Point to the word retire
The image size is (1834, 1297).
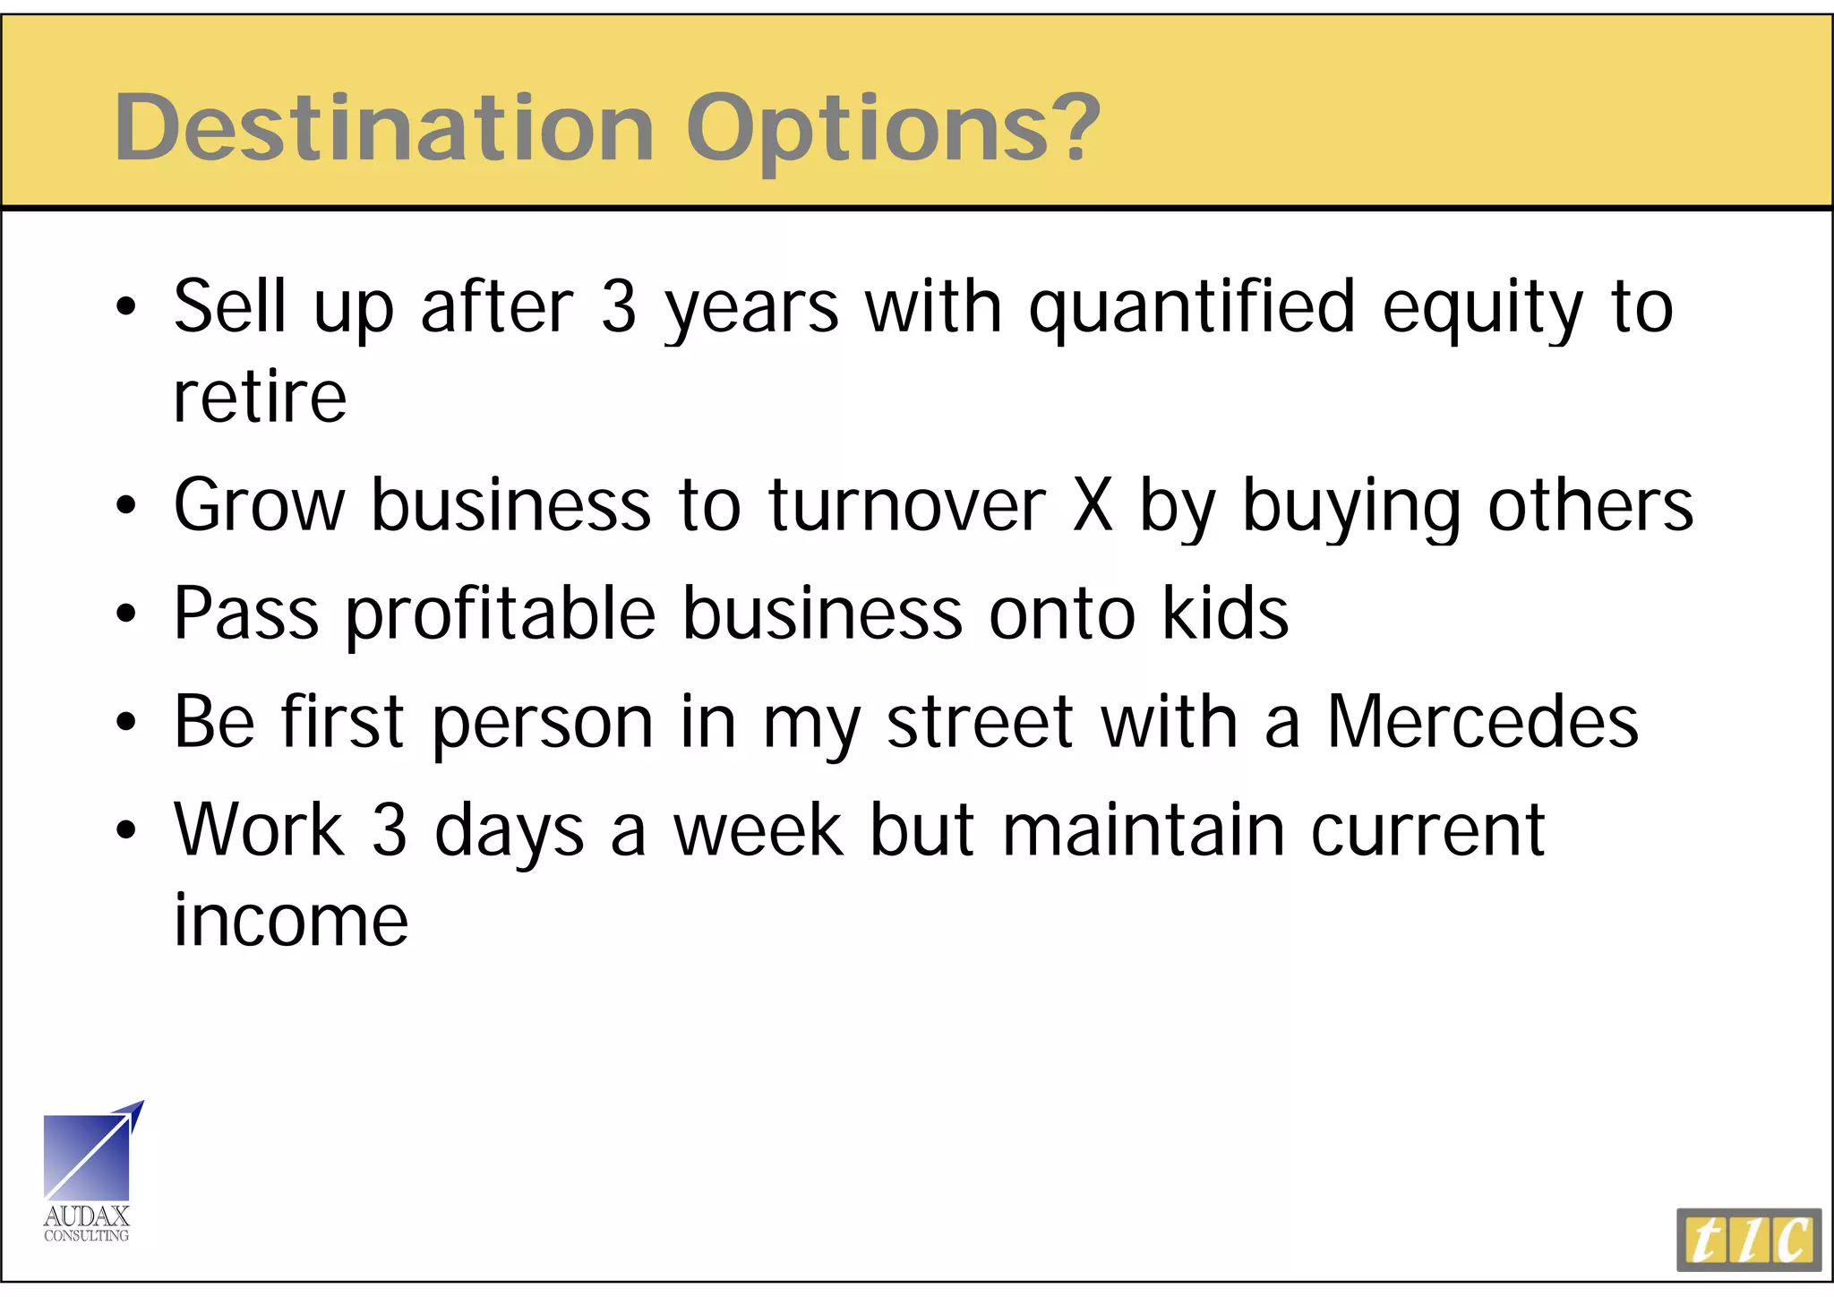pyautogui.click(x=260, y=398)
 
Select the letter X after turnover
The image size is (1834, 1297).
pyautogui.click(x=1093, y=505)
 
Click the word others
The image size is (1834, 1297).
pyautogui.click(x=1590, y=505)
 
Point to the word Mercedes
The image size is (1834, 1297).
pyautogui.click(x=1482, y=722)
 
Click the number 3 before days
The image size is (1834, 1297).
pyautogui.click(x=389, y=831)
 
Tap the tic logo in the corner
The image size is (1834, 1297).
pyautogui.click(x=1748, y=1240)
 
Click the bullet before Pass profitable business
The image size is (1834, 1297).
pyautogui.click(x=126, y=614)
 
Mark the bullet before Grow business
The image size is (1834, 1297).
pyautogui.click(x=126, y=505)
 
